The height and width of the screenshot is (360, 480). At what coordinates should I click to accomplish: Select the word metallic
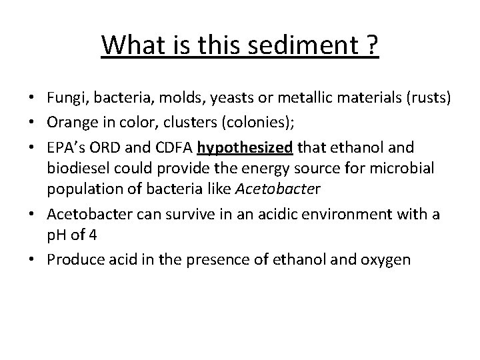coord(309,99)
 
